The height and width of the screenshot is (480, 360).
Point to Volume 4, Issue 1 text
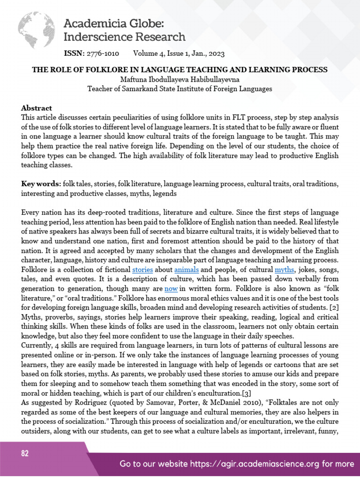160,53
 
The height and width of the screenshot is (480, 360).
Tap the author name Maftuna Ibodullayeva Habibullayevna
180,79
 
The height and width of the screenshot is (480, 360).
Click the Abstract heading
37,108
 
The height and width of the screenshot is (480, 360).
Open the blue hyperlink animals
187,270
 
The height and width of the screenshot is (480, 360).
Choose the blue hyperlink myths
284,270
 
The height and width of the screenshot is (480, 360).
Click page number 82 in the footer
25,454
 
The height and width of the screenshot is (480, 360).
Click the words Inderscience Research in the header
124,37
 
